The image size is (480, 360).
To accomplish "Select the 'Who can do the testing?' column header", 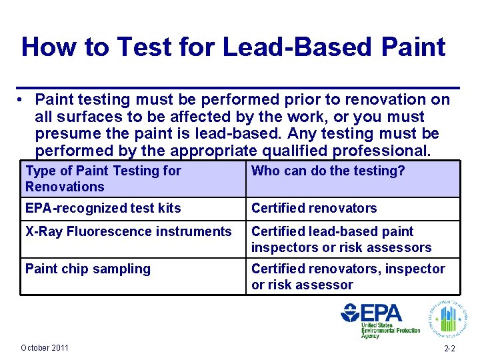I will tap(327, 171).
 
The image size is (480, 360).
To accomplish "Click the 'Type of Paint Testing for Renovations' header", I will tap(103, 179).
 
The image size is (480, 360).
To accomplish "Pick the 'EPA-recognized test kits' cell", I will tap(103, 209).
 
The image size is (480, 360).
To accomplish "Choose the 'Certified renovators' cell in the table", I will tap(313, 209).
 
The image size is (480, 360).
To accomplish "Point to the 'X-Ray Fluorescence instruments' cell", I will tap(128, 232).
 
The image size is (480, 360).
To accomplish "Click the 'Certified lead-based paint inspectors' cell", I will tap(341, 240).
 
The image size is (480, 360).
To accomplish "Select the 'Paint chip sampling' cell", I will tap(87, 269).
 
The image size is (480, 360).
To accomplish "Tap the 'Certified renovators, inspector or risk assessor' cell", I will tap(347, 277).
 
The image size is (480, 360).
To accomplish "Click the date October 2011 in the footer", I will tap(44, 348).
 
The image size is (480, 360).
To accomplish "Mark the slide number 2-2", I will tap(450, 349).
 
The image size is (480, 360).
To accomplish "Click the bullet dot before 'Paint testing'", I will tap(23, 100).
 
